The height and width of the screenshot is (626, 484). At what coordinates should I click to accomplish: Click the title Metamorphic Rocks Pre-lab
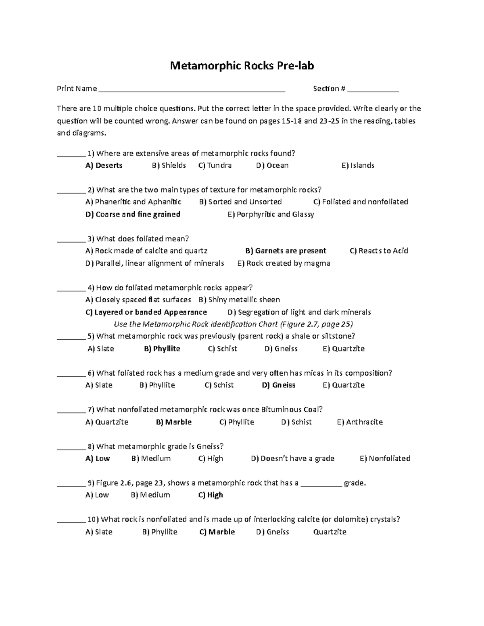click(242, 66)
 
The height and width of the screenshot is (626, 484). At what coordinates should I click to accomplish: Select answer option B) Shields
click(169, 165)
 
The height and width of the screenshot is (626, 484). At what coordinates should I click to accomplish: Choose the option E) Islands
click(358, 165)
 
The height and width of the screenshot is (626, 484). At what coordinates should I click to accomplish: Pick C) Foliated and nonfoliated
click(361, 202)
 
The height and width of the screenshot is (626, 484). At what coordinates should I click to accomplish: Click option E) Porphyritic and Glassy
click(271, 214)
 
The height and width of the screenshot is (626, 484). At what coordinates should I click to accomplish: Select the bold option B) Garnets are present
click(286, 251)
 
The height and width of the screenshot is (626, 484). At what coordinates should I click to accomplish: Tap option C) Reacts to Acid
click(379, 251)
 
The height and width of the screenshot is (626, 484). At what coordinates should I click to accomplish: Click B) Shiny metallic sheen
click(239, 300)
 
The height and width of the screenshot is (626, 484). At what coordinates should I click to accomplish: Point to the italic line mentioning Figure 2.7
click(234, 324)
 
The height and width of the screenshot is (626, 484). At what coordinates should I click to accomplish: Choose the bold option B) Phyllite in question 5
click(162, 349)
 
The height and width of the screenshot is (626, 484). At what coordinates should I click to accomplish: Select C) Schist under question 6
click(219, 385)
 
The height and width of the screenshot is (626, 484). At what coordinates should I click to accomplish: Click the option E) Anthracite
click(360, 422)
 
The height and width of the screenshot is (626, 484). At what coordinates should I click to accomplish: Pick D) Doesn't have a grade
click(292, 458)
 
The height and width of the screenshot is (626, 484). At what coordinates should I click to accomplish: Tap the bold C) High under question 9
click(211, 495)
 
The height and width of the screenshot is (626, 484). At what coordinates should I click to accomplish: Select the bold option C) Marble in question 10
click(217, 532)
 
